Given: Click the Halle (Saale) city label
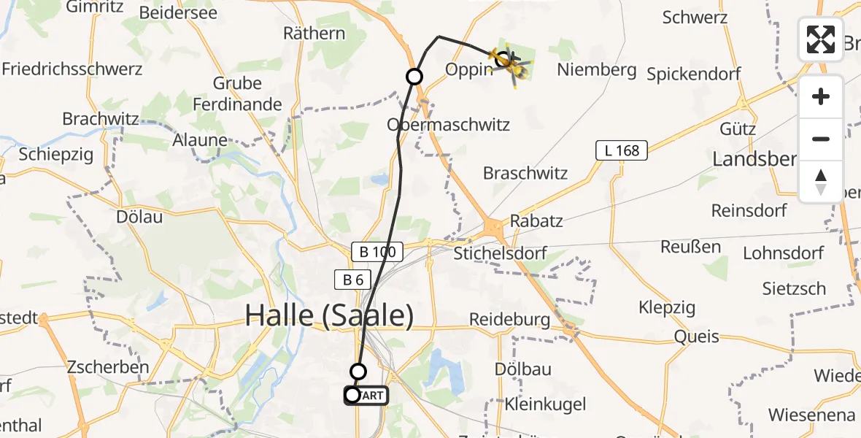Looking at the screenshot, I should click(329, 315).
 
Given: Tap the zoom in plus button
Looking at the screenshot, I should click(821, 96).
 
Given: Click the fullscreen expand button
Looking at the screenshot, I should click(821, 39).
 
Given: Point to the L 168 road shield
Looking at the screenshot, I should click(622, 151).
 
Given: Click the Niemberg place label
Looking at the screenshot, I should click(596, 71).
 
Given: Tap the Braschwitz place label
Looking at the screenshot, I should click(525, 173).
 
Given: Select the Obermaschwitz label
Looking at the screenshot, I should click(449, 124).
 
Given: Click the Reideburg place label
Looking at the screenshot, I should click(509, 319).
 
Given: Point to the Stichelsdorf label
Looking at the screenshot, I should click(500, 254).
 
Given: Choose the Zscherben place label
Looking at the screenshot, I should click(108, 366).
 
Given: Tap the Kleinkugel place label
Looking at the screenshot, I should click(535, 403).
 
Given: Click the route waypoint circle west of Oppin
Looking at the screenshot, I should click(414, 76).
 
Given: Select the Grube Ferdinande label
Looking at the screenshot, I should click(237, 93).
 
